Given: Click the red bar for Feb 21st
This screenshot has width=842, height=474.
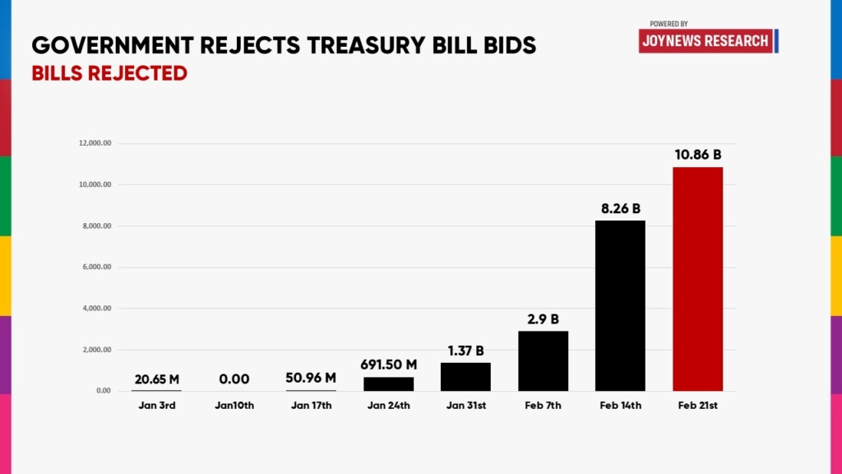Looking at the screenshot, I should tap(697, 279).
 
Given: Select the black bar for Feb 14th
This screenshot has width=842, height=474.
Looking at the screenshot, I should tap(620, 305).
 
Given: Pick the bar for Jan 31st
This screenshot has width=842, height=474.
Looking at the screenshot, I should tap(465, 376).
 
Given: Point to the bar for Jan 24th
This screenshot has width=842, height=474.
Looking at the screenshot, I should tap(388, 383).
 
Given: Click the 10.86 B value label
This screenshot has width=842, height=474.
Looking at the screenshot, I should tap(697, 155).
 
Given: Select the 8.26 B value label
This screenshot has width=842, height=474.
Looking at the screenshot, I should tap(620, 208).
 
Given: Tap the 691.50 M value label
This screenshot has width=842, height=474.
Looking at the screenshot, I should tap(388, 365).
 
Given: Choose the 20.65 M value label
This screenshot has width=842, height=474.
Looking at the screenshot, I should tap(156, 379).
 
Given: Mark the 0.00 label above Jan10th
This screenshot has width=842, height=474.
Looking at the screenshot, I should tap(234, 379).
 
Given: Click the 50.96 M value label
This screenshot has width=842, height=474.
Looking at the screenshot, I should tap(311, 379).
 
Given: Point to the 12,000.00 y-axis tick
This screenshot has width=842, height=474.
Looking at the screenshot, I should tap(95, 144).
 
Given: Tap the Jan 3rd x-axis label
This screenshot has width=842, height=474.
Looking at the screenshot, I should tap(156, 405).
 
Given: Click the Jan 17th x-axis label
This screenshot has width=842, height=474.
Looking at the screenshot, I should tap(311, 405).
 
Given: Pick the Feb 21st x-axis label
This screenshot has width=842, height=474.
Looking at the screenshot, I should tap(697, 405).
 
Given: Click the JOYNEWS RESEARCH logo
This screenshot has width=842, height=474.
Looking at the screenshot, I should tap(706, 40).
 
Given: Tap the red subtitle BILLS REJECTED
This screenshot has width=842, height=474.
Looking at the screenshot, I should tap(109, 73).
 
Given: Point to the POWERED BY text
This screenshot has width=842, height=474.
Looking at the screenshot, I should tap(669, 24).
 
